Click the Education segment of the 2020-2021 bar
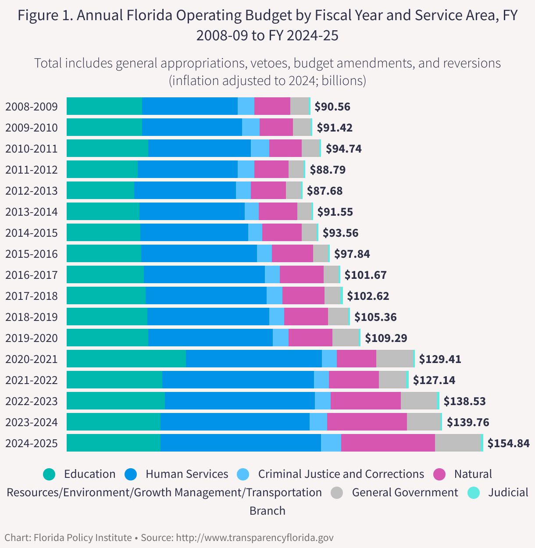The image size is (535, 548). [x=126, y=359]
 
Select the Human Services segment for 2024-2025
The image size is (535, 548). [x=241, y=443]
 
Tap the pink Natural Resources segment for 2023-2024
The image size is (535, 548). [x=367, y=422]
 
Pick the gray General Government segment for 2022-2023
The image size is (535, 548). [x=419, y=401]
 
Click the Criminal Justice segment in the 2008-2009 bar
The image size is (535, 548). [x=246, y=106]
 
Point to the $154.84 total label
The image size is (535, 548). [x=509, y=443]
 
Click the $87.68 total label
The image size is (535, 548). [x=325, y=191]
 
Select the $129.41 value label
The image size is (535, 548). [x=440, y=359]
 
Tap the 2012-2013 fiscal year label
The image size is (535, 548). [x=32, y=191]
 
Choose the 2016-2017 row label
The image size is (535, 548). [x=32, y=275]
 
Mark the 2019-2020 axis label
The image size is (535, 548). [x=32, y=338]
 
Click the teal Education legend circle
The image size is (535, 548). [x=50, y=474]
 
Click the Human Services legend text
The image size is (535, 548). [x=187, y=474]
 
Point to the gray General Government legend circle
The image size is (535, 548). [x=337, y=493]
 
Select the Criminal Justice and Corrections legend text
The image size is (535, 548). [x=341, y=474]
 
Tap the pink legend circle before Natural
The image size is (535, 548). [x=439, y=474]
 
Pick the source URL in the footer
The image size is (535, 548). [x=254, y=537]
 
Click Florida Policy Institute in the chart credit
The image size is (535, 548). [x=82, y=537]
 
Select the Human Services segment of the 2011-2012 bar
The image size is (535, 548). [x=188, y=169]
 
